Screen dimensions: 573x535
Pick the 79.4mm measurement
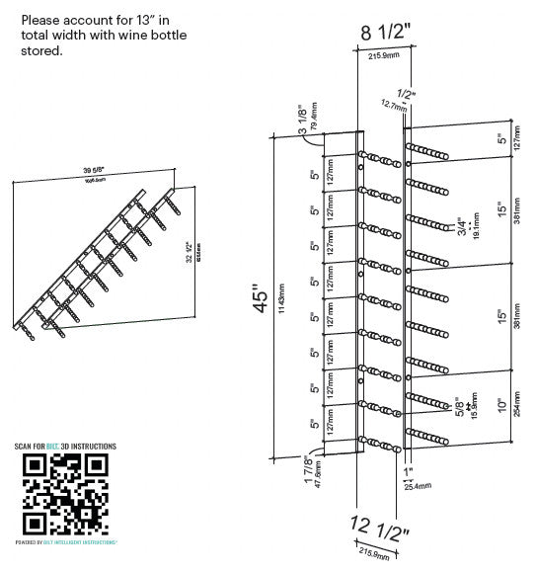(x=314, y=118)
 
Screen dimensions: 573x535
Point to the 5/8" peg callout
(x=459, y=406)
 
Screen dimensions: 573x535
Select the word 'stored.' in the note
(x=41, y=50)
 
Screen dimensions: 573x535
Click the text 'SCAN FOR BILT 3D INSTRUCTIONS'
(x=65, y=448)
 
